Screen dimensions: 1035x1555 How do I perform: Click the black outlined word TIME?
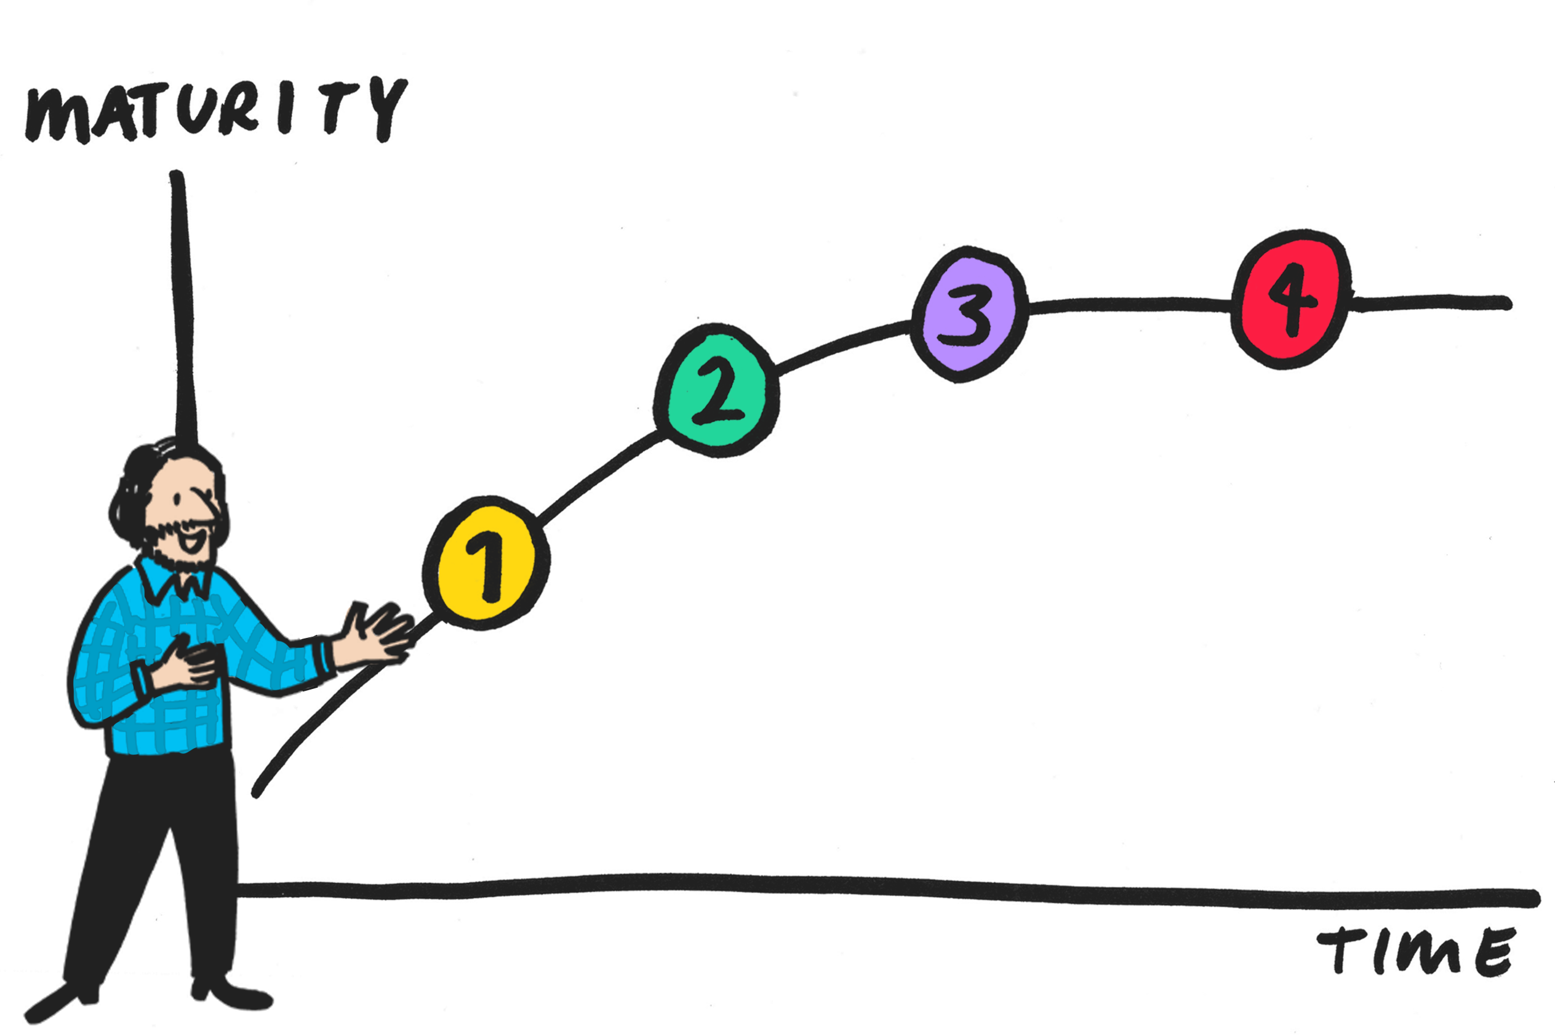[x=1418, y=952]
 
